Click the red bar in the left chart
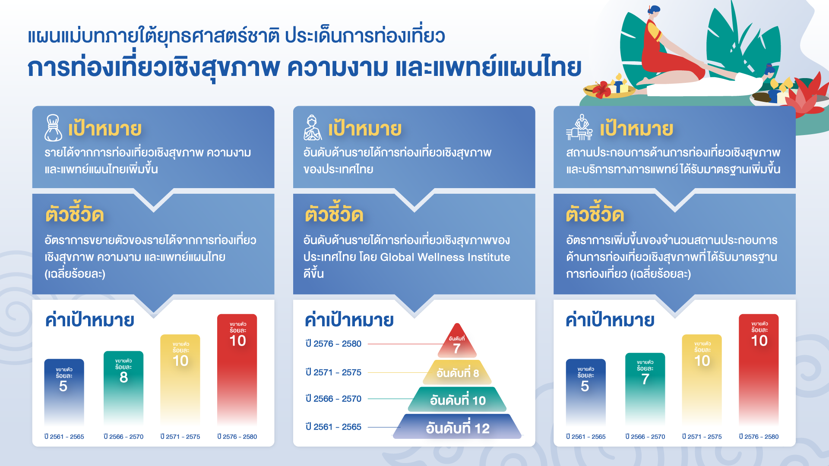tap(237, 370)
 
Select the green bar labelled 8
tap(123, 388)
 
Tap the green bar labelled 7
tap(645, 389)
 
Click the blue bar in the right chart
tap(585, 392)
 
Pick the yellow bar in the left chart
tap(180, 380)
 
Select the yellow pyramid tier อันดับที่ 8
tap(457, 372)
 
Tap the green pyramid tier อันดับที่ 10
tap(457, 400)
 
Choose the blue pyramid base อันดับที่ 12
tap(457, 427)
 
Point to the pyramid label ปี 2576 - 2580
tap(333, 344)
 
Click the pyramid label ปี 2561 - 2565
tap(333, 427)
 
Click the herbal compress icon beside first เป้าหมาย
tap(53, 128)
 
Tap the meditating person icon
tap(313, 128)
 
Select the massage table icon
tap(579, 128)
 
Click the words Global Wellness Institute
tap(445, 257)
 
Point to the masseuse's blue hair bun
tap(655, 9)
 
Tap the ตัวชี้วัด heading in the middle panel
tap(334, 214)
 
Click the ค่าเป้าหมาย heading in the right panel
tap(610, 320)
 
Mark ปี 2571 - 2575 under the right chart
tap(702, 437)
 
